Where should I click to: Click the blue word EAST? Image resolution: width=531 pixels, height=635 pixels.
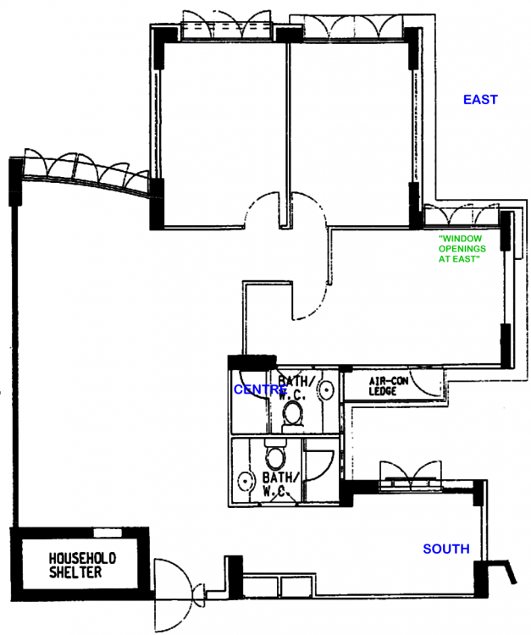(480, 100)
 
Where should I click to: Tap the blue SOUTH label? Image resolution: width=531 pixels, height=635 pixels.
(446, 549)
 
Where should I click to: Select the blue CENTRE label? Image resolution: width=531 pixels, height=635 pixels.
(260, 389)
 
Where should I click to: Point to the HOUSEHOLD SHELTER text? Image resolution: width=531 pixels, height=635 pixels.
(81, 566)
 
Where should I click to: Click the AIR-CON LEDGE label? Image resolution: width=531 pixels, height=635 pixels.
(388, 387)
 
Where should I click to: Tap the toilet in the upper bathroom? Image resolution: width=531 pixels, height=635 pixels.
(292, 412)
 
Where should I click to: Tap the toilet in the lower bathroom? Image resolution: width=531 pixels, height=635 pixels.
(275, 458)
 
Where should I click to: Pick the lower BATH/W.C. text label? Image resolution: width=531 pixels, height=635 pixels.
(277, 485)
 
